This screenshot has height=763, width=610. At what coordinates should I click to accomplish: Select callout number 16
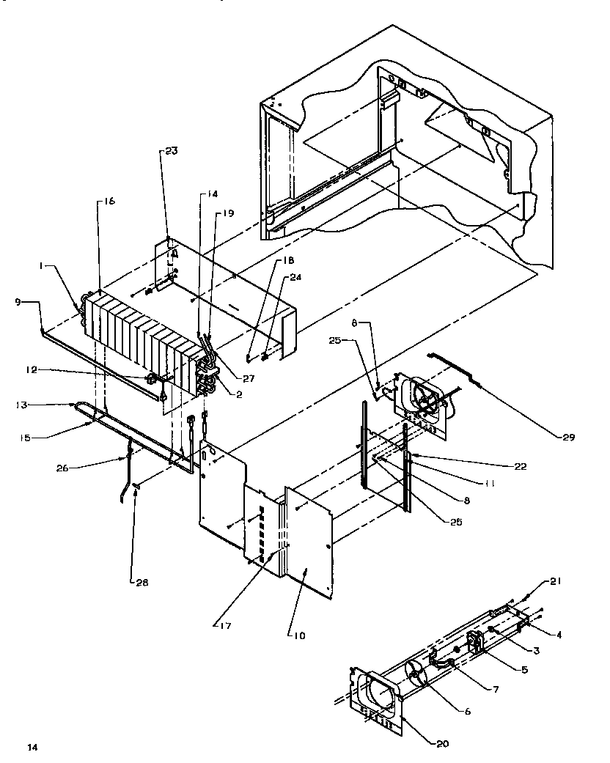109,201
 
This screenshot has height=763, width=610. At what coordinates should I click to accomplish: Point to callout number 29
568,437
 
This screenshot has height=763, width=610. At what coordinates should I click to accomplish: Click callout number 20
441,744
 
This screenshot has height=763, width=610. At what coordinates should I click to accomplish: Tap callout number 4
559,635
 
